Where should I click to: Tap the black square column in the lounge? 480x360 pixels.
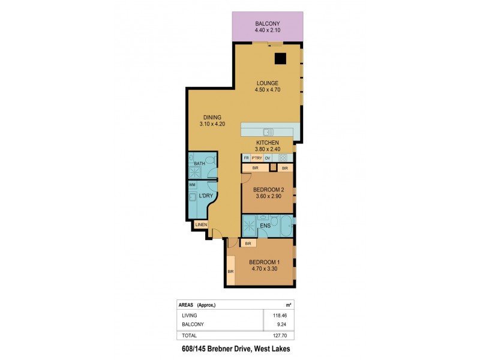click(x=280, y=58)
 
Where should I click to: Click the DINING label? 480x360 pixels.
click(x=212, y=117)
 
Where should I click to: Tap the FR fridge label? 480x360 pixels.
click(x=246, y=158)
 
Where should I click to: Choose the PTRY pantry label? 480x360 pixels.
click(x=257, y=158)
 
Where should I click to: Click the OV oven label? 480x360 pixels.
click(x=268, y=158)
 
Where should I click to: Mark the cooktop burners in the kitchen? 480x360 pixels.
click(x=283, y=157)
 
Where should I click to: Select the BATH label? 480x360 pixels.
click(x=199, y=163)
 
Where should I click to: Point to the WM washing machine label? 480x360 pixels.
click(x=192, y=185)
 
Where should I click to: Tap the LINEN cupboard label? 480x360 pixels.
click(x=201, y=225)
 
